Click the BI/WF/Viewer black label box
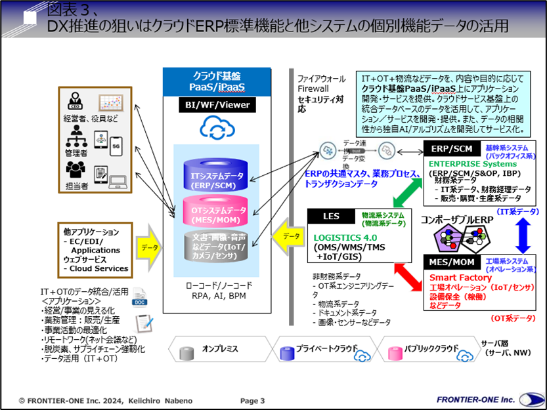click(212, 104)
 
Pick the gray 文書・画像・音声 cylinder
click(212, 246)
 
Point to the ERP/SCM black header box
click(452, 149)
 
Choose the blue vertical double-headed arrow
click(521, 235)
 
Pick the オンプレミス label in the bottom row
click(220, 350)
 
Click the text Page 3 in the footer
click(252, 400)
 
